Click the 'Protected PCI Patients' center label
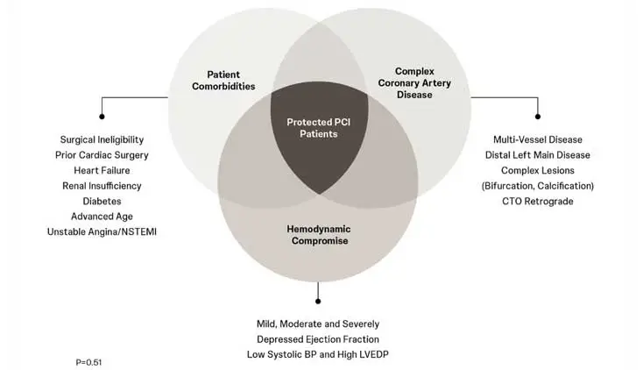(x=313, y=127)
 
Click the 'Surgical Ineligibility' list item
(x=102, y=139)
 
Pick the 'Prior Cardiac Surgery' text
(x=102, y=154)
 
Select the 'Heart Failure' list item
(x=102, y=170)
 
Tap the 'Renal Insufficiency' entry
(x=102, y=186)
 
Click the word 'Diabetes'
(x=102, y=201)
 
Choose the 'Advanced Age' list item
(x=102, y=216)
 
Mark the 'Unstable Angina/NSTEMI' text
(x=102, y=231)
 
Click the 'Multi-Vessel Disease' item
(x=538, y=139)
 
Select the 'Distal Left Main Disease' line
(x=538, y=154)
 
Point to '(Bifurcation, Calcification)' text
(x=538, y=186)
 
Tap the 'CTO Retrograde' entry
(x=538, y=201)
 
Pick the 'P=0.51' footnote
(x=92, y=360)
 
